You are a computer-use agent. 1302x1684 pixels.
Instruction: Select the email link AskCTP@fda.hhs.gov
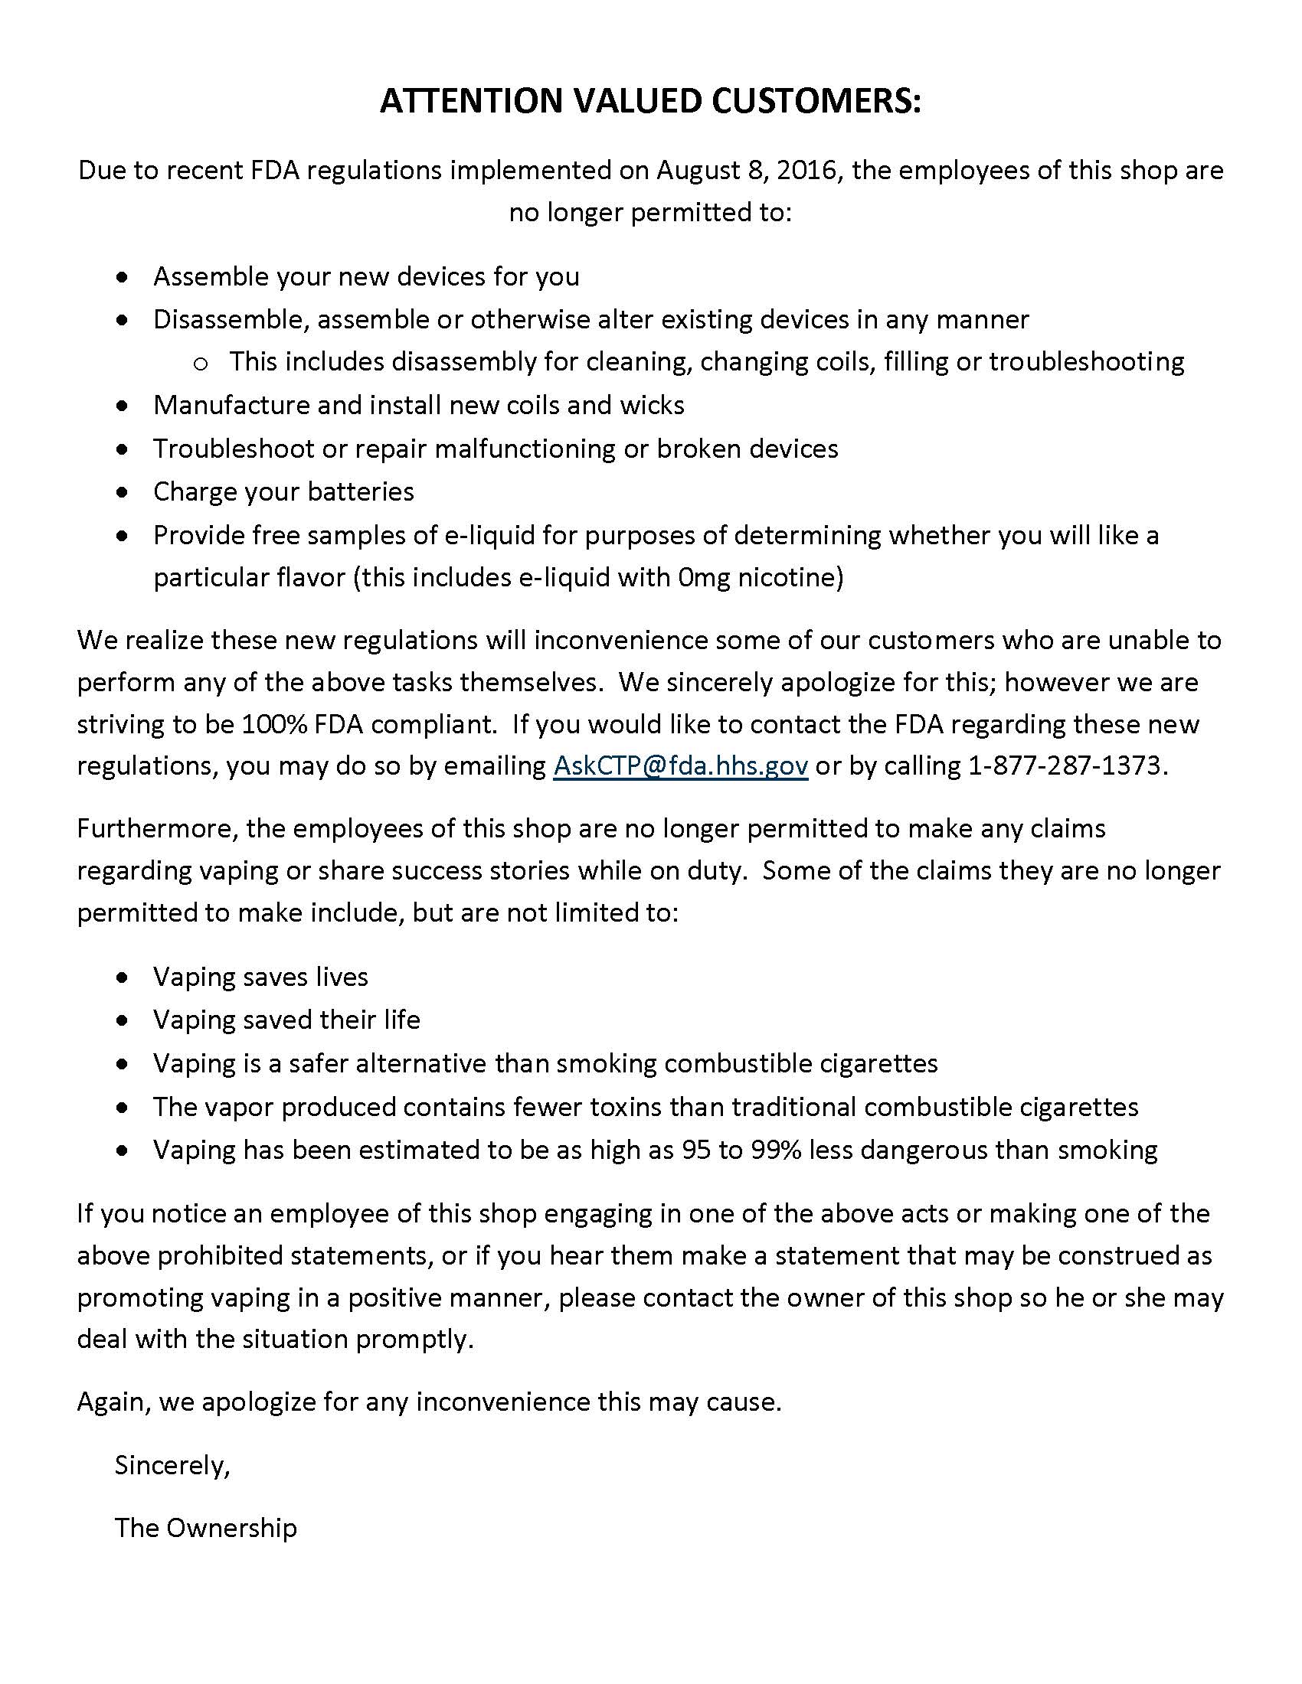click(x=680, y=765)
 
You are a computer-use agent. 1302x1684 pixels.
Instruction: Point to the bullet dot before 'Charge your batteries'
click(x=123, y=492)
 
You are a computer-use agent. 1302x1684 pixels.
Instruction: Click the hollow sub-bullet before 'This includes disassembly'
click(x=201, y=363)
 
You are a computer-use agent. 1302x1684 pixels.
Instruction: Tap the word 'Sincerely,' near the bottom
click(x=172, y=1464)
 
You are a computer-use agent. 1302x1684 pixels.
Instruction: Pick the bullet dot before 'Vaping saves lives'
click(x=123, y=977)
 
